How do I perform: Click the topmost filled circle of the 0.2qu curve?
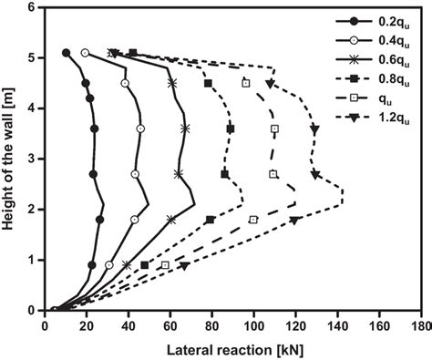[x=66, y=53]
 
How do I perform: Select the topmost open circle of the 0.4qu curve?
[x=85, y=53]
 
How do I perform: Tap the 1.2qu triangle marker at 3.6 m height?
[x=314, y=129]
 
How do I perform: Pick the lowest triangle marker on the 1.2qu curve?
[x=184, y=265]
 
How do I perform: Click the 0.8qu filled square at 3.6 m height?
[x=230, y=129]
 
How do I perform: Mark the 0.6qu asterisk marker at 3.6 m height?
[x=186, y=129]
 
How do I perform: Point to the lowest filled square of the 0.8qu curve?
[x=145, y=265]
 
